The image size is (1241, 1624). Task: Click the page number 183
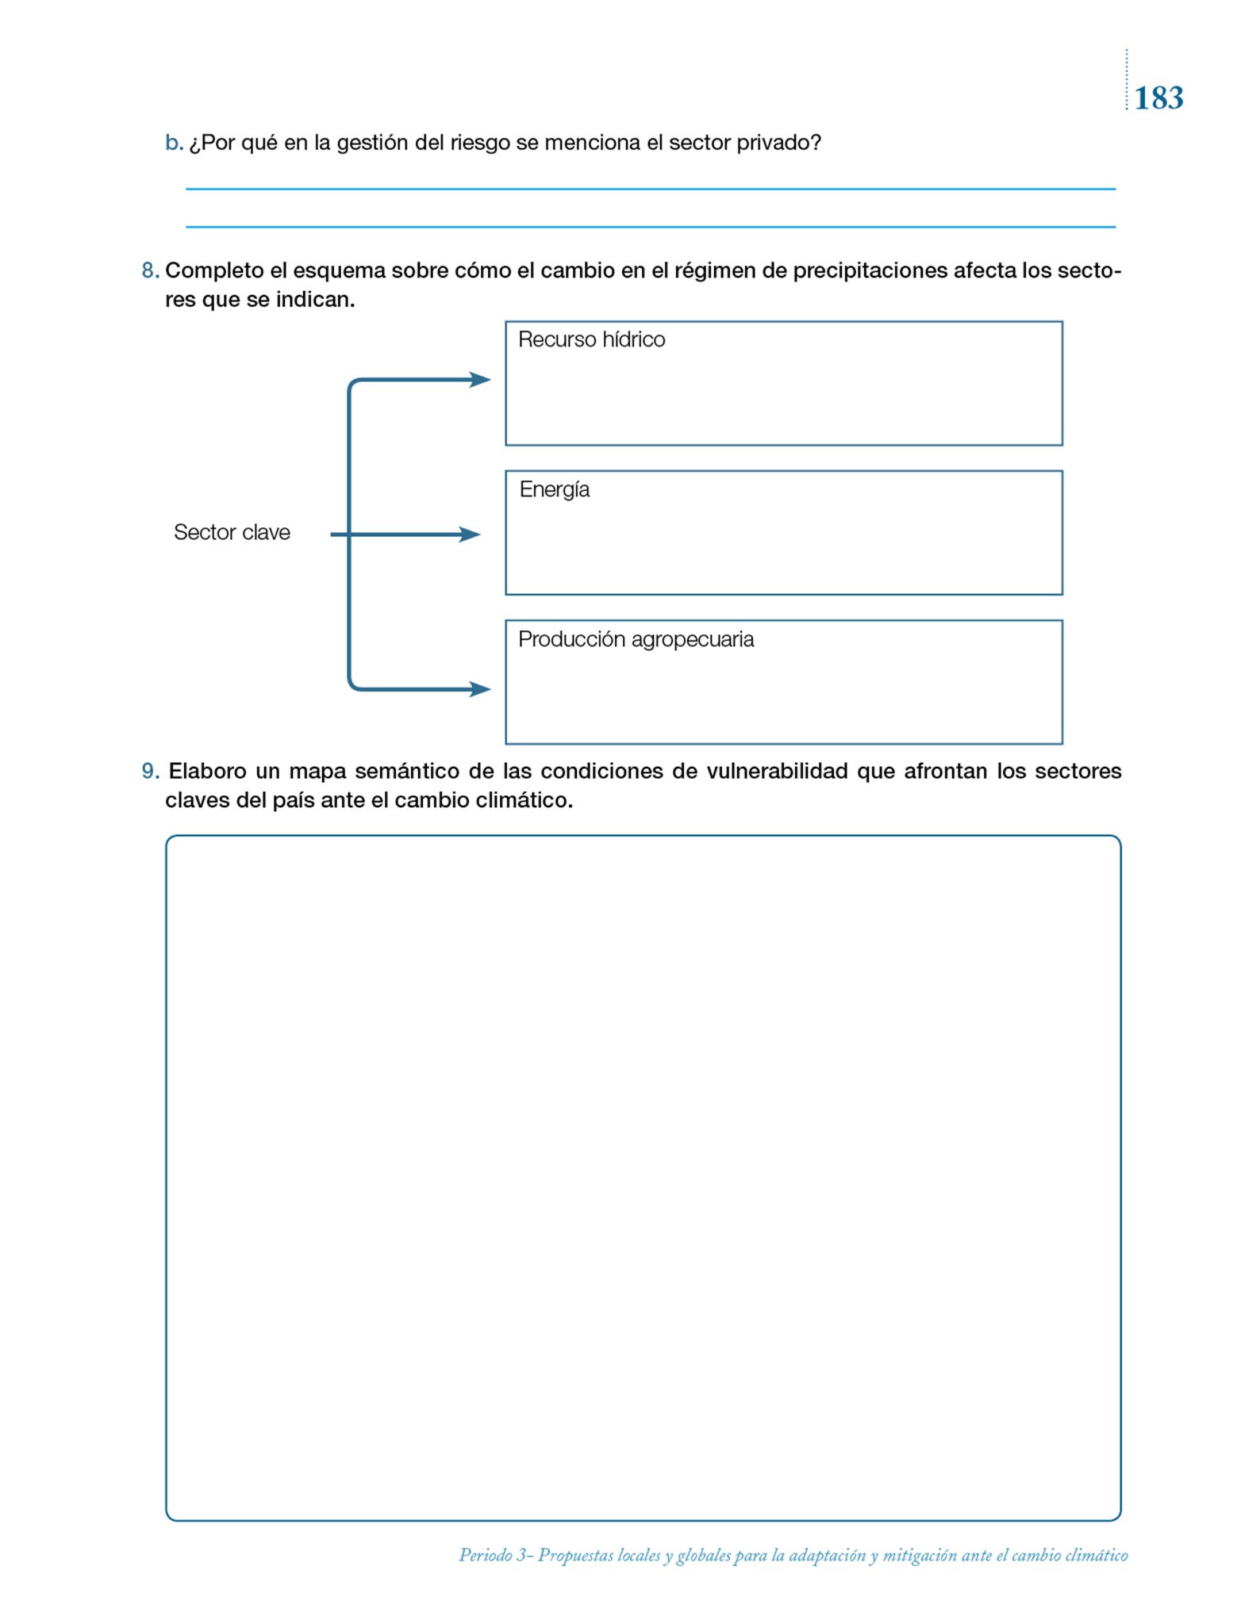(x=1158, y=98)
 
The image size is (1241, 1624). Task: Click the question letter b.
(x=173, y=143)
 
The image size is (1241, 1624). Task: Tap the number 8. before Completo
(x=150, y=271)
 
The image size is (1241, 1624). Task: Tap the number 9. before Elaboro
(x=150, y=772)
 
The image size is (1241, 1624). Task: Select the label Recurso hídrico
(x=591, y=340)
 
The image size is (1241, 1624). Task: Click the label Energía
(x=554, y=490)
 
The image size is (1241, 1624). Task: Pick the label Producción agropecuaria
(x=636, y=640)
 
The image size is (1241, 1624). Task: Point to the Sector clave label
(x=232, y=532)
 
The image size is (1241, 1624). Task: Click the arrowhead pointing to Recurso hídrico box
(x=480, y=380)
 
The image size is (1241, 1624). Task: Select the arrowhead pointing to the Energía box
(x=471, y=535)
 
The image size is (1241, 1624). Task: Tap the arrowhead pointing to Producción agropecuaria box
(x=480, y=689)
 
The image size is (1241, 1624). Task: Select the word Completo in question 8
(x=213, y=271)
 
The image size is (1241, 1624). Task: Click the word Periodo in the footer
(x=485, y=1556)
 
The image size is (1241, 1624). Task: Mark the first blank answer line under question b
(x=651, y=189)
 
